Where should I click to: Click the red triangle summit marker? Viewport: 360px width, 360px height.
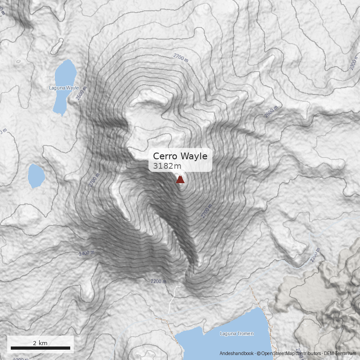180,180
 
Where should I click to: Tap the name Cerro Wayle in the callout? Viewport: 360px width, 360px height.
180,156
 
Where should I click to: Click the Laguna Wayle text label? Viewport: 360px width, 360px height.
64,88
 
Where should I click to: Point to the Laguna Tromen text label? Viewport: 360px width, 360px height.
237,334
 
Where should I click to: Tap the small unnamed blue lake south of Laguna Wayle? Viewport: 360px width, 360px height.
36,175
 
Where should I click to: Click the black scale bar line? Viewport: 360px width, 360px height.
40,348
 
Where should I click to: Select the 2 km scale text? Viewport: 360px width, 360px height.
40,343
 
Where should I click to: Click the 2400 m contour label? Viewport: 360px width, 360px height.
86,253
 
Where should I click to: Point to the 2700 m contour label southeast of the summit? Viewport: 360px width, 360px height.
207,211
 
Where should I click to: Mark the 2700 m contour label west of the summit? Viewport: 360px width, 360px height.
94,181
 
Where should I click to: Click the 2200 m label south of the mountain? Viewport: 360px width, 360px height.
158,281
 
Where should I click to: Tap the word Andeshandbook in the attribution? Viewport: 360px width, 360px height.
237,354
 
